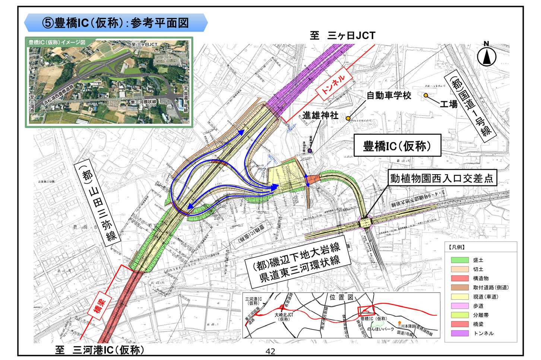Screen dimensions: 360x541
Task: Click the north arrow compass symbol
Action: (x=487, y=57)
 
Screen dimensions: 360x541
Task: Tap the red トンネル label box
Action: (x=332, y=85)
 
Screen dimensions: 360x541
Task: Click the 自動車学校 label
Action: (x=389, y=95)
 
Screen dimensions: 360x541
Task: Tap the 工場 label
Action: (x=448, y=104)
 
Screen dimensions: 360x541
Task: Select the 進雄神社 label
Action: (x=320, y=115)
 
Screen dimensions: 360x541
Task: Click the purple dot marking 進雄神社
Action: (x=310, y=151)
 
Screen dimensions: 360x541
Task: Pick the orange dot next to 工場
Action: (x=426, y=95)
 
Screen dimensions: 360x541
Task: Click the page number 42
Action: (x=270, y=351)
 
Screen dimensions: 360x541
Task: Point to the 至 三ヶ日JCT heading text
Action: (x=342, y=36)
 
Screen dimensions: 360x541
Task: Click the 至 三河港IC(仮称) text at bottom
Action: (x=99, y=350)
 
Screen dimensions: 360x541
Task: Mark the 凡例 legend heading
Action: (x=457, y=247)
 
